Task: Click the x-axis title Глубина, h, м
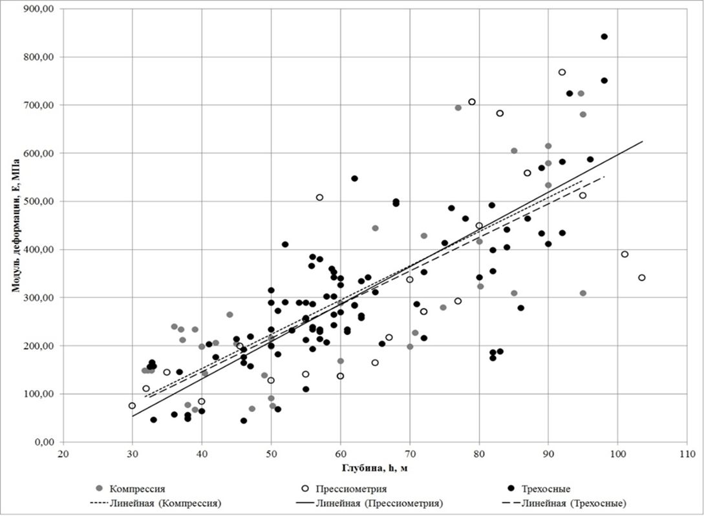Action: point(373,467)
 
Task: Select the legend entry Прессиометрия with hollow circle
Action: point(350,489)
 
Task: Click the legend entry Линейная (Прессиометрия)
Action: point(376,502)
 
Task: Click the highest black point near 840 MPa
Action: point(604,37)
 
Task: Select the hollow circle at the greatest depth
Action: point(642,277)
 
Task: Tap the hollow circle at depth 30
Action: point(133,405)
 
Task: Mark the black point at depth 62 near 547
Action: point(354,178)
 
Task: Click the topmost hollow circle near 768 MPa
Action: point(562,72)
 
